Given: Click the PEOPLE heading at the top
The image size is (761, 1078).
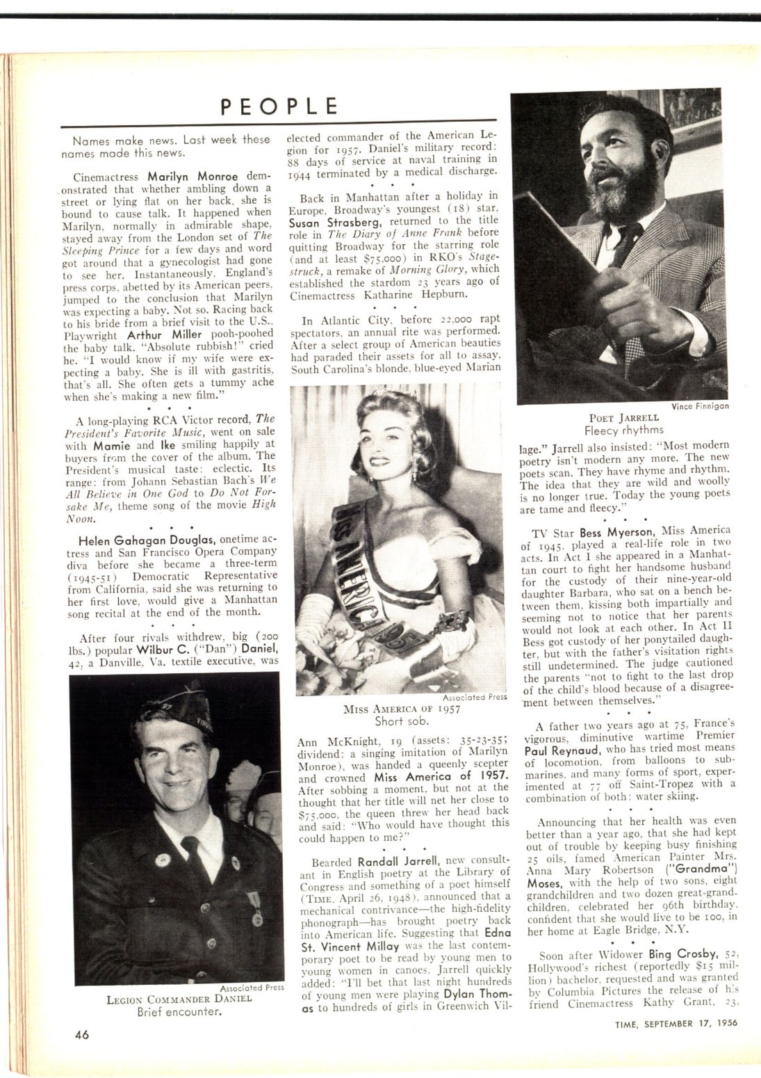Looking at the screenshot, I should click(x=279, y=106).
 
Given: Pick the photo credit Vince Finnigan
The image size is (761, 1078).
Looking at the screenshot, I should click(x=701, y=406).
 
